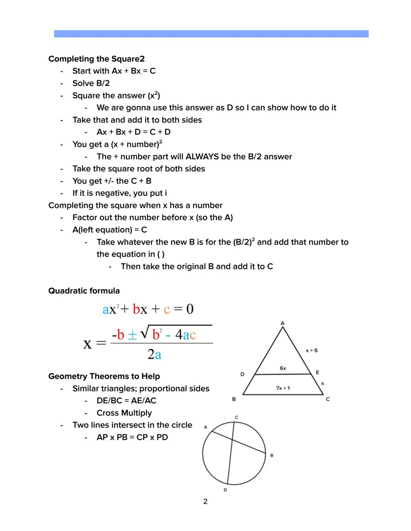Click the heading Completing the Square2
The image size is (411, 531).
[x=96, y=59]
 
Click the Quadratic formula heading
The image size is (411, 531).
[x=84, y=291]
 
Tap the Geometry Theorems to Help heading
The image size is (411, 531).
[x=104, y=376]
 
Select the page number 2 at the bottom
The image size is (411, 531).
[x=205, y=501]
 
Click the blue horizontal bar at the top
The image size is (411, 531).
[x=211, y=34]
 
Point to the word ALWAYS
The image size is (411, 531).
[x=202, y=157]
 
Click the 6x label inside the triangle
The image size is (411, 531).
[x=283, y=368]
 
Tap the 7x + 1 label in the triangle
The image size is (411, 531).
[x=283, y=388]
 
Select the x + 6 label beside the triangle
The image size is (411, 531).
[x=311, y=350]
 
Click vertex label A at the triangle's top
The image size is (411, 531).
[x=282, y=323]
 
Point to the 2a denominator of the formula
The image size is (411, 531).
[x=155, y=354]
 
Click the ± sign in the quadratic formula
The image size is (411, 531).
[x=132, y=335]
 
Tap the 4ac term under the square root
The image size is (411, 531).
[x=185, y=335]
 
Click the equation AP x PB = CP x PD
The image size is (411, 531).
[x=132, y=437]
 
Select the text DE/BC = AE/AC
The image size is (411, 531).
[x=126, y=401]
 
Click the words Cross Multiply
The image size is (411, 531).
[x=124, y=413]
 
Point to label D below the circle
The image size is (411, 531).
[x=225, y=490]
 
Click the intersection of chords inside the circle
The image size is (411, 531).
[x=232, y=440]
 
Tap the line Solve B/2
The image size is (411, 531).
[x=91, y=83]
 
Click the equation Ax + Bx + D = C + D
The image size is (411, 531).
[x=134, y=132]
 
